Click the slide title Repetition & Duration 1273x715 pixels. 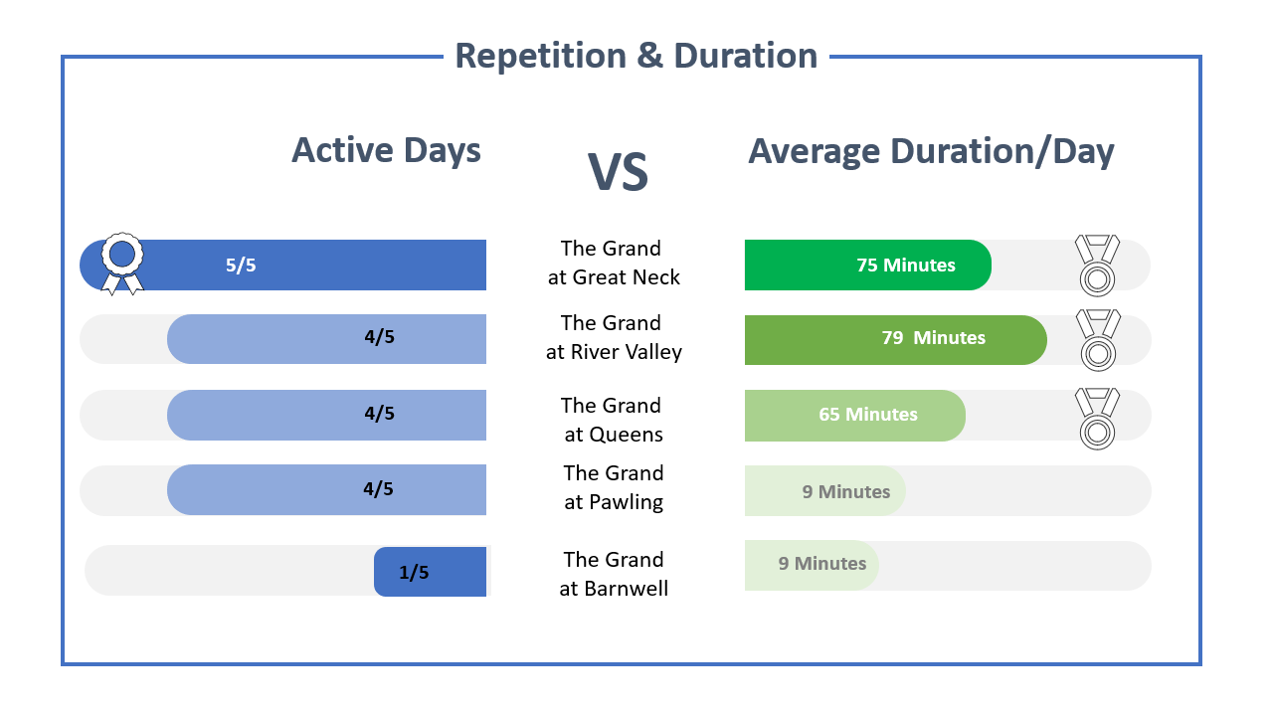point(636,56)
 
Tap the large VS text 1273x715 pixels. point(618,172)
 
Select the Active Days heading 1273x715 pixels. point(386,150)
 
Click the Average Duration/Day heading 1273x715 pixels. point(931,151)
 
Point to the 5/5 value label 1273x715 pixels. point(241,266)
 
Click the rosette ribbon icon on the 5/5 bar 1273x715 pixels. point(122,264)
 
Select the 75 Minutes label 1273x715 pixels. point(905,266)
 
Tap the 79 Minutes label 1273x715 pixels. point(933,338)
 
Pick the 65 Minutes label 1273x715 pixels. point(867,415)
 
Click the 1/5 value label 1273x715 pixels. point(414,573)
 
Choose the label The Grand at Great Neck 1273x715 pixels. point(613,263)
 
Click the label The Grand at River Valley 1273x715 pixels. point(613,337)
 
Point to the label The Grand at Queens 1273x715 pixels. point(613,420)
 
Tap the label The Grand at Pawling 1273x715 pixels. point(613,487)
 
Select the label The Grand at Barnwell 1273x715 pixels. point(613,574)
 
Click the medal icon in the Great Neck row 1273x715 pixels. point(1097,266)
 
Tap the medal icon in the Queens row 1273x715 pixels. point(1097,419)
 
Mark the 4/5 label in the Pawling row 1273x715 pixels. point(378,489)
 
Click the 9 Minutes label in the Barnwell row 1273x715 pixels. point(821,564)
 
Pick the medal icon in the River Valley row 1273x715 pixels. point(1097,339)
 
